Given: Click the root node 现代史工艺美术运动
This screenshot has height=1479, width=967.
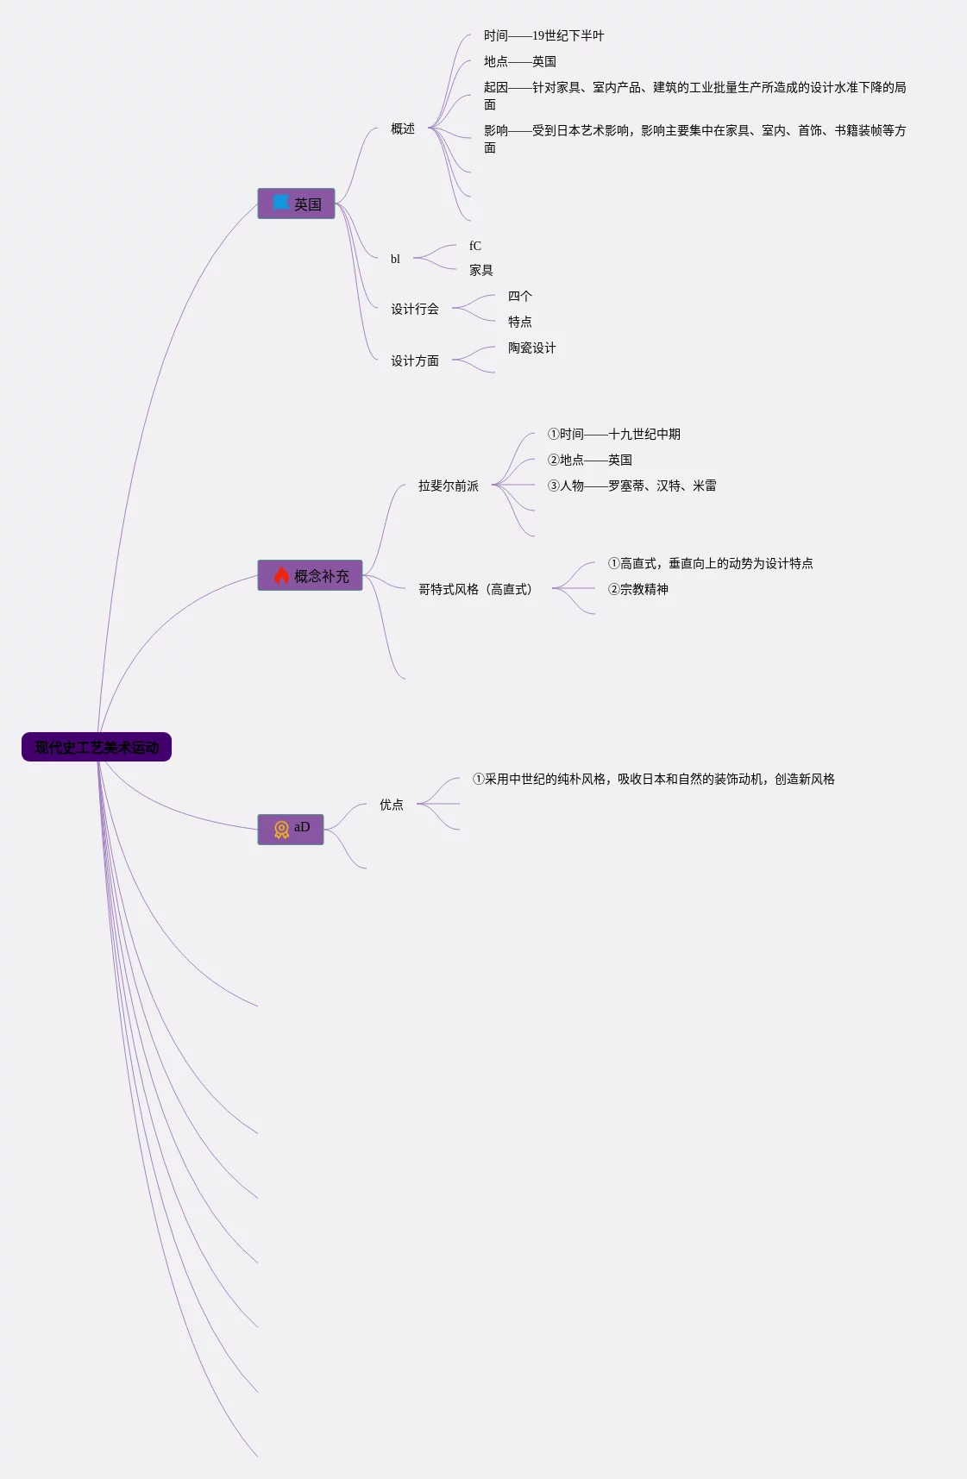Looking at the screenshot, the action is [x=97, y=748].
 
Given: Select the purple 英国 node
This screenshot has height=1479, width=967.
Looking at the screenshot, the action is [x=296, y=204].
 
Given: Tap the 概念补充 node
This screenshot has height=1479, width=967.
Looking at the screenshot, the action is [x=310, y=576].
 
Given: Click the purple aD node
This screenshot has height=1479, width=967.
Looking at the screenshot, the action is [x=291, y=829].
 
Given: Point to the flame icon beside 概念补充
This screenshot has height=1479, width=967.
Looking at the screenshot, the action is [x=281, y=575].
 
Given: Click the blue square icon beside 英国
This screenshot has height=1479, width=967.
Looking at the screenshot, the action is [x=281, y=203].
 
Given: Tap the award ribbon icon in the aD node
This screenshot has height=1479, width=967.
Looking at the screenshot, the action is [x=281, y=830].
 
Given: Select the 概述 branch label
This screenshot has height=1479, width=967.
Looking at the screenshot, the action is [x=403, y=128].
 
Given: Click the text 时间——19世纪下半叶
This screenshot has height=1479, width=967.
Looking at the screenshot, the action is [x=543, y=35].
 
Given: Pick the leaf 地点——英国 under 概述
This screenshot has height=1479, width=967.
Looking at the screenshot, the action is [x=519, y=61].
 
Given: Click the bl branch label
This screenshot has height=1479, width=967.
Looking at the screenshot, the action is [x=395, y=259].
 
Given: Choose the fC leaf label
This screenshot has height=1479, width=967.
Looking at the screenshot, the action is [x=475, y=246].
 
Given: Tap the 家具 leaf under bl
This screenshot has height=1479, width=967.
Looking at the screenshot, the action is [x=481, y=270].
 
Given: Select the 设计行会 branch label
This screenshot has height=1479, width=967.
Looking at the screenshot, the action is [x=415, y=309].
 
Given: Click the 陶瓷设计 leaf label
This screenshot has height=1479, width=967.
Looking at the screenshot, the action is [x=531, y=348].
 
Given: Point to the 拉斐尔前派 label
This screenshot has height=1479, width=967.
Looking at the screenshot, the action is [x=449, y=486].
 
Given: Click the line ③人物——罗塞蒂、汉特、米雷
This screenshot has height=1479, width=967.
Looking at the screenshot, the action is [x=631, y=486].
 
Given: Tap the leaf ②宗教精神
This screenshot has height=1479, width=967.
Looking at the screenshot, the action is [x=638, y=589].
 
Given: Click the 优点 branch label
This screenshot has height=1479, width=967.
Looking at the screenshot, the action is [x=392, y=805].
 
